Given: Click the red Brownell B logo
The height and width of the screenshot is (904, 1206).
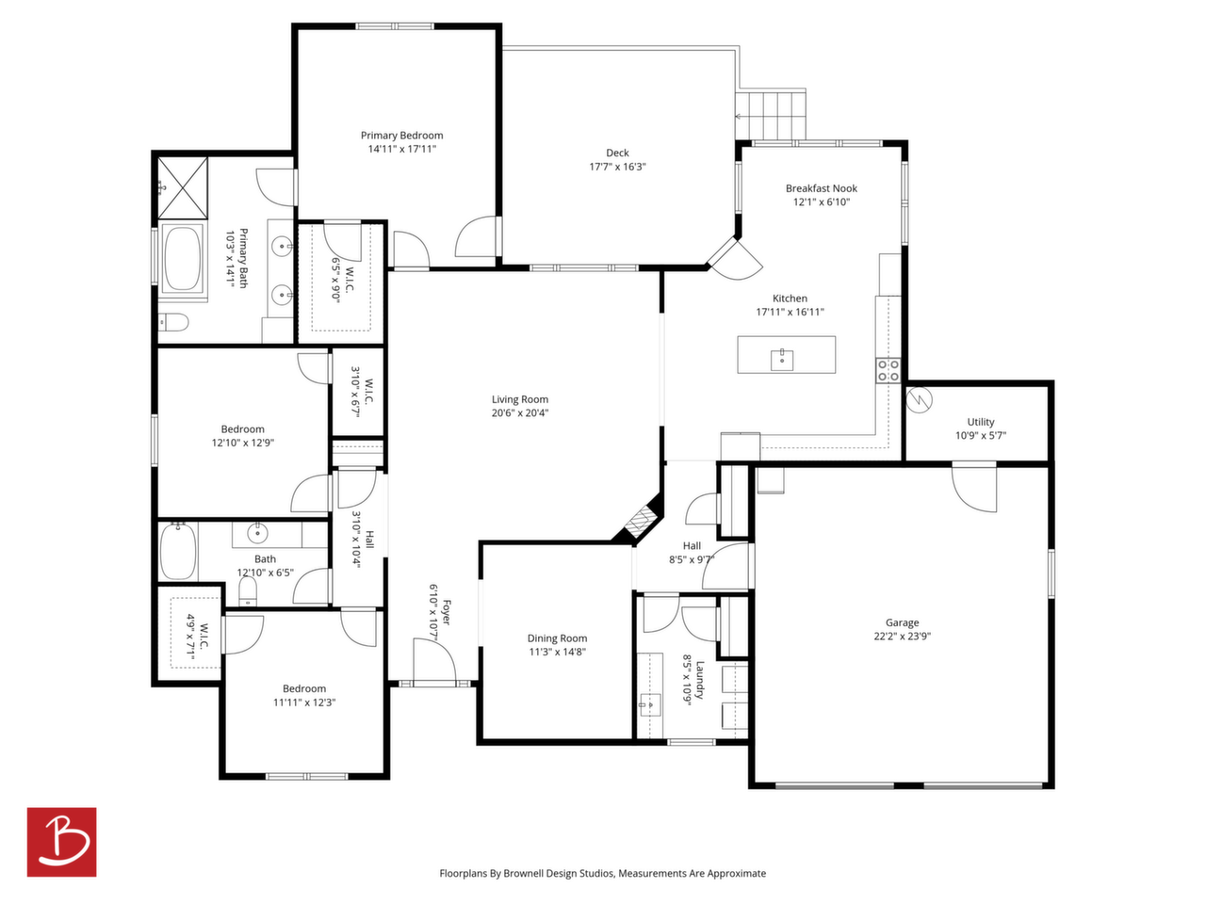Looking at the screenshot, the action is tap(61, 842).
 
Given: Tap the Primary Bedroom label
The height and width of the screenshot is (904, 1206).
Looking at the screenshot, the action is tap(401, 135).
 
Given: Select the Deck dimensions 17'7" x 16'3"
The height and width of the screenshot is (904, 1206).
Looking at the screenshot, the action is tap(617, 167).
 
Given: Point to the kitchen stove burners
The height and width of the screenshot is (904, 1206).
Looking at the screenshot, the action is tap(888, 370).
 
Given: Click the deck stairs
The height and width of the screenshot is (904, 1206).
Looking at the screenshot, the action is tap(771, 116).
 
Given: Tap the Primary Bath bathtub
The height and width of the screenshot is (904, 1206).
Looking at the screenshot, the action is tap(183, 257).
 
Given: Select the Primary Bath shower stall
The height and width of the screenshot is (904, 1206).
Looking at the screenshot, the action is tap(183, 187).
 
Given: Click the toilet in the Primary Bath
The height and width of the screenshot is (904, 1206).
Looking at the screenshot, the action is tap(173, 322).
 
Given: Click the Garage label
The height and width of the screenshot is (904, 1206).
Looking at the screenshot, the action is tap(903, 622).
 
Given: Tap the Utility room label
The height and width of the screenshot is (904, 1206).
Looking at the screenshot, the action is tap(981, 422).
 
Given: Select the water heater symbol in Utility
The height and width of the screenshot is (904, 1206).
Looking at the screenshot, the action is tap(920, 399).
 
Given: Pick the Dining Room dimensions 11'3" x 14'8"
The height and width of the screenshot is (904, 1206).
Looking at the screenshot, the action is tap(557, 652).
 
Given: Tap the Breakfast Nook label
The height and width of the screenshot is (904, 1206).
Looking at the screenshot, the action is tap(822, 188).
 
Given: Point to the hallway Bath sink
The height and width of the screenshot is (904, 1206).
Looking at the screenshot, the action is tap(256, 532).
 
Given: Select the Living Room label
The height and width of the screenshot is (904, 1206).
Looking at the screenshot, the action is tap(520, 399).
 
